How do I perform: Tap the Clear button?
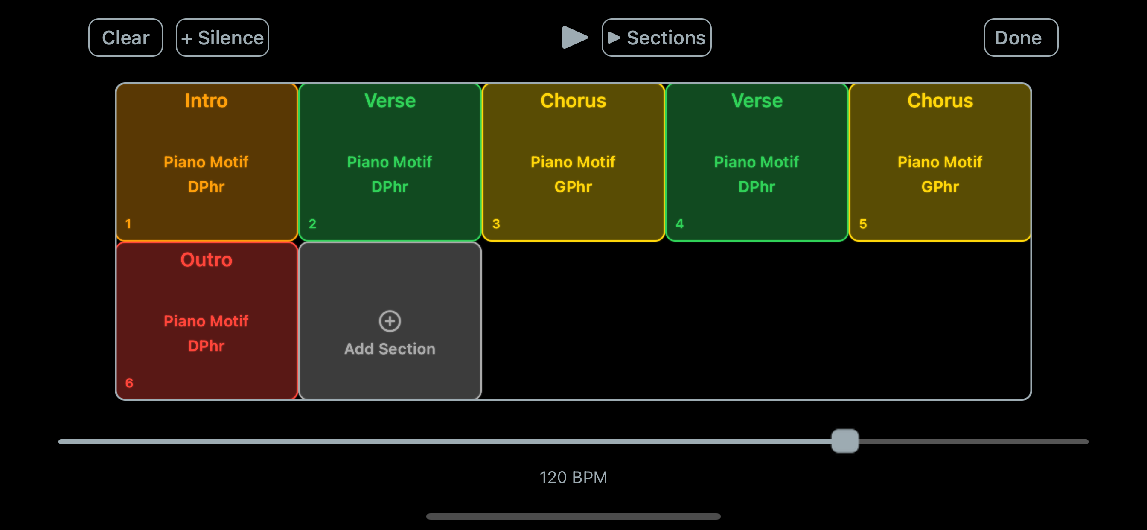125,38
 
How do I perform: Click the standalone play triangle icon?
575,38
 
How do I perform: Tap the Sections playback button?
656,38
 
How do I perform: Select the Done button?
1021,38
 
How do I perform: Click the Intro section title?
206,101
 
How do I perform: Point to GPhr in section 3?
573,186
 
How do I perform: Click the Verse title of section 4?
757,101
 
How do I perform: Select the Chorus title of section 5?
940,101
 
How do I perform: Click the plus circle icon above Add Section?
390,321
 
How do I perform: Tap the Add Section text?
390,349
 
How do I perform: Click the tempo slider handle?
844,441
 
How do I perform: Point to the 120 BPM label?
573,478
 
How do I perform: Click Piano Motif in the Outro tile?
206,321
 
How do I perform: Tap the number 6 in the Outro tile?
129,383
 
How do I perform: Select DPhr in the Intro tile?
206,186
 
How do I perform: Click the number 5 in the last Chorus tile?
862,224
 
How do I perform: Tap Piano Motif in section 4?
757,162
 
